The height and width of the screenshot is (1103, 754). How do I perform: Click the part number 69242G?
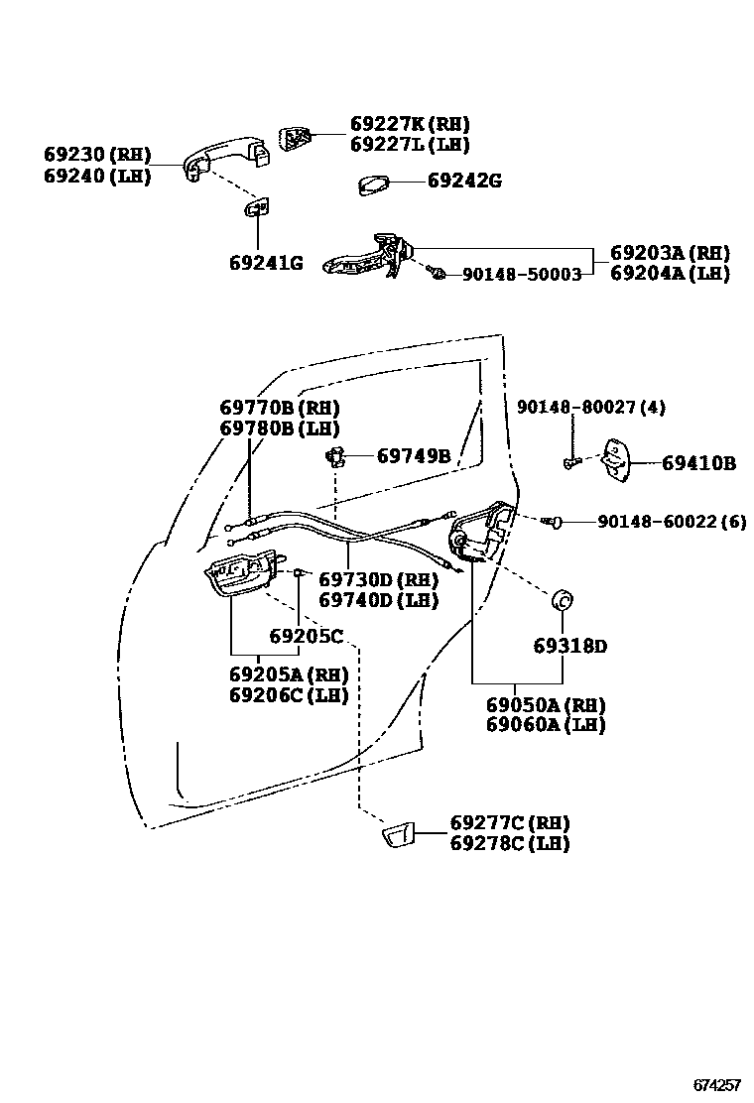point(464,182)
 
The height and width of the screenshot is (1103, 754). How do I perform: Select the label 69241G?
point(266,263)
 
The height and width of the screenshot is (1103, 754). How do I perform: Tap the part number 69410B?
point(698,462)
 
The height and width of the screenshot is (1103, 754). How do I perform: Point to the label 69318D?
point(569,646)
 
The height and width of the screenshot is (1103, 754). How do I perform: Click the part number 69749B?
point(414,456)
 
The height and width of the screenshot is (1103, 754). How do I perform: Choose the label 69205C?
point(306,636)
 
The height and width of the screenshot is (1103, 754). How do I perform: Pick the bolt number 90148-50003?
point(522,274)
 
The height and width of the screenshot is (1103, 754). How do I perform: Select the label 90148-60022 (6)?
point(671,521)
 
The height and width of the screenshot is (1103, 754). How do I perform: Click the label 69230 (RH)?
point(97,155)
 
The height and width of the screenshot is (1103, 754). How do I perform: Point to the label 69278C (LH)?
point(509,843)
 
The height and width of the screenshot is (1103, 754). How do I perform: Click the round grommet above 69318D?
point(565,600)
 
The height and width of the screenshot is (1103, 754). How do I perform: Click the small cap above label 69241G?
point(257,207)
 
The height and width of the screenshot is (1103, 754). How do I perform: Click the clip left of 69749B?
point(336,455)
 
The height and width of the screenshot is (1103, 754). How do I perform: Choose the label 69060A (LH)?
point(545,725)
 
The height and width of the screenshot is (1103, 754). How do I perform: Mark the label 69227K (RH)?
point(410,124)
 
